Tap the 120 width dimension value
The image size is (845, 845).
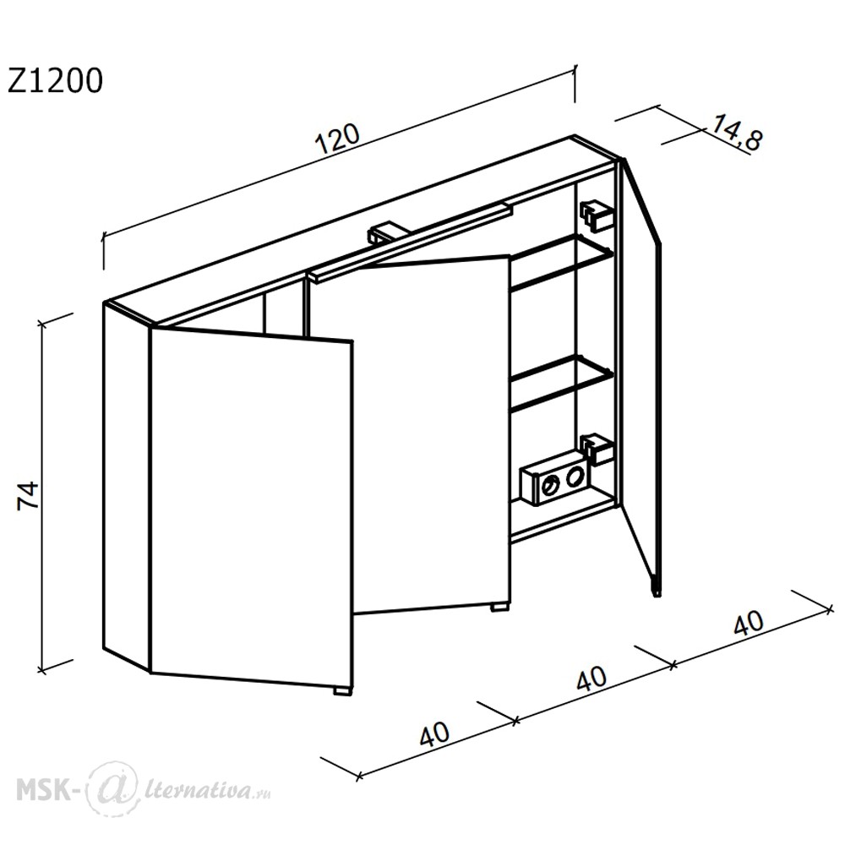coord(338,139)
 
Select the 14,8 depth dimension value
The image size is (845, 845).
coord(737,134)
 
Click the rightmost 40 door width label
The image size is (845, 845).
coord(749,624)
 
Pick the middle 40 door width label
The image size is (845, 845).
coord(591,679)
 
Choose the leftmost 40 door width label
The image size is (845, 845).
coord(433,734)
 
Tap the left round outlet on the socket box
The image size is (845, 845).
coord(551,486)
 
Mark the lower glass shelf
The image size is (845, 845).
coord(560,384)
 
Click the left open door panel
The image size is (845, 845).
coord(252,507)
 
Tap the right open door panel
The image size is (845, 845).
coord(641,376)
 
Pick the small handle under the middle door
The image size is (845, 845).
coord(499,607)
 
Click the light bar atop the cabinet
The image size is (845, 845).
coord(410,242)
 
